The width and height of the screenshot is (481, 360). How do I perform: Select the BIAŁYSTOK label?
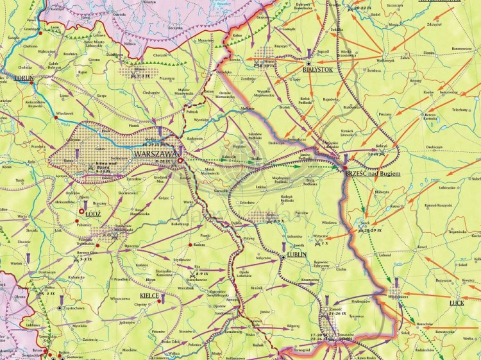click(317, 70)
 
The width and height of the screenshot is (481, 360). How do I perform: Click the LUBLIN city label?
click(298, 254)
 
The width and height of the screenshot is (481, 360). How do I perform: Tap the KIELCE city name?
click(149, 296)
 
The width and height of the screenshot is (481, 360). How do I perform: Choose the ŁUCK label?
click(457, 302)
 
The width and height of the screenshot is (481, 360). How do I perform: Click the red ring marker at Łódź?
click(81, 212)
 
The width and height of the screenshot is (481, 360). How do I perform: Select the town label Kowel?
click(421, 246)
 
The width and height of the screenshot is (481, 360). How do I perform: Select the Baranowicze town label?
click(460, 47)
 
